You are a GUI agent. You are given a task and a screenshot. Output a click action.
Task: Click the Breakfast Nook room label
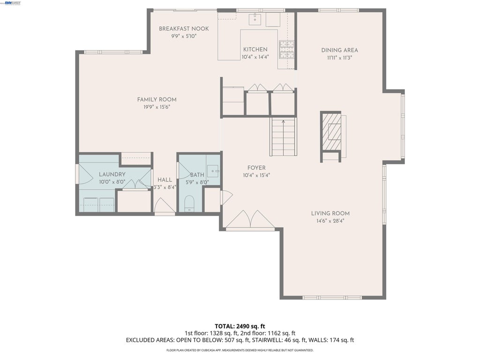[184, 29]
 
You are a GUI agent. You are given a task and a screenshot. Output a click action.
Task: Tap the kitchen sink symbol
[255, 19]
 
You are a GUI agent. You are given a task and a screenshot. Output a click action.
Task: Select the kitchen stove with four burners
[286, 50]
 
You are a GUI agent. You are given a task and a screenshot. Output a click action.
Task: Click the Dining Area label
[339, 50]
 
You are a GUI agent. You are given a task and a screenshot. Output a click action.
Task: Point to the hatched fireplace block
[331, 132]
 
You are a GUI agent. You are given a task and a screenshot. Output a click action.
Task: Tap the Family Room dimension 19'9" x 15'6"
[157, 107]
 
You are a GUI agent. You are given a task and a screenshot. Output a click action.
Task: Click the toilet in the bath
[189, 203]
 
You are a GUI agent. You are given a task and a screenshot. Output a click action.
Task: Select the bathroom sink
[213, 171]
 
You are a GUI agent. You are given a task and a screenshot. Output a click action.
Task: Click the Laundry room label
[112, 174]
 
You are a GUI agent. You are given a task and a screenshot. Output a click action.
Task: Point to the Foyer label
[256, 168]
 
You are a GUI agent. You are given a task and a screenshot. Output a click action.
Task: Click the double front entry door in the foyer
[250, 219]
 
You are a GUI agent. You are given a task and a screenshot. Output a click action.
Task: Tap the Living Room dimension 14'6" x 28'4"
[330, 221]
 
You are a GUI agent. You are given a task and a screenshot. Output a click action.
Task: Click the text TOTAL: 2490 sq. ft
[240, 326]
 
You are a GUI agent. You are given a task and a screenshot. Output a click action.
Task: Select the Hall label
[165, 180]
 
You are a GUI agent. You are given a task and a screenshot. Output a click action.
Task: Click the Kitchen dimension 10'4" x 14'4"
[255, 57]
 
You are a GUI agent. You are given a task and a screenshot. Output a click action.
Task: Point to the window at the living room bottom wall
[332, 298]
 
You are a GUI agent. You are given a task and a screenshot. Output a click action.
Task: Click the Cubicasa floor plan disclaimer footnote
[240, 350]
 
